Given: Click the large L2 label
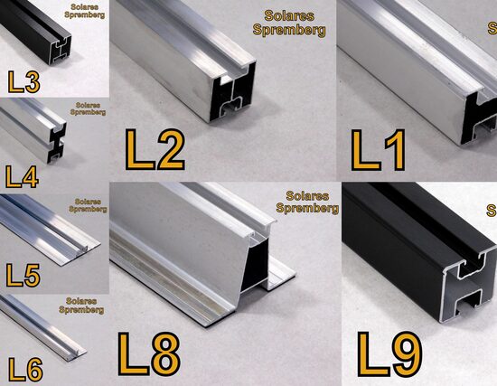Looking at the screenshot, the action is click(155, 149).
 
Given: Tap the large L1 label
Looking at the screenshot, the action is click(378, 150).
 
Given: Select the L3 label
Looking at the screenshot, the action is click(24, 82).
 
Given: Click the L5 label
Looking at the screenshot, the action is click(23, 275).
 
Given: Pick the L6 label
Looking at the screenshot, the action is click(25, 369).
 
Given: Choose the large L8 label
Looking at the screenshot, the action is click(149, 353).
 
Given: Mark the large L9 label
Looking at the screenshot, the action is click(389, 354).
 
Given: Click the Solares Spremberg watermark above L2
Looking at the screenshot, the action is click(289, 24).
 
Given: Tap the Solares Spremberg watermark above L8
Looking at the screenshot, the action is click(307, 202).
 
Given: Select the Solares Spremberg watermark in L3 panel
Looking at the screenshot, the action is click(84, 11).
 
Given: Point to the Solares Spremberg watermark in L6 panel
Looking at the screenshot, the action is click(81, 306).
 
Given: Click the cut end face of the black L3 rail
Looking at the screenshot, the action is click(61, 50).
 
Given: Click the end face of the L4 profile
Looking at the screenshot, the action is click(57, 143).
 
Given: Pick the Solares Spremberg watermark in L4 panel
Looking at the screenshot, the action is click(88, 108).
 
